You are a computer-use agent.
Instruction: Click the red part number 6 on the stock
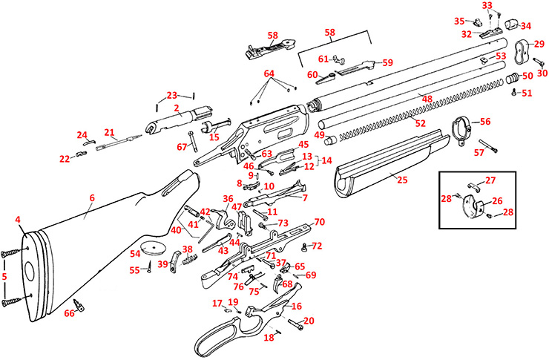(x=93, y=197)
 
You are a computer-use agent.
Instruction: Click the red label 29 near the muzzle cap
(x=539, y=45)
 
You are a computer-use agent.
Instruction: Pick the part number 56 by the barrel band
(x=485, y=121)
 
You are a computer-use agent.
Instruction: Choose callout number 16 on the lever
(x=297, y=306)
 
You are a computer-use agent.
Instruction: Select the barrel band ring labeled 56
(x=461, y=131)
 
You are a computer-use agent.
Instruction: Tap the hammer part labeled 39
(x=174, y=259)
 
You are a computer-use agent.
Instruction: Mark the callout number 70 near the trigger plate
(x=319, y=222)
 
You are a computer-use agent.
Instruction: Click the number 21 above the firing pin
(x=109, y=133)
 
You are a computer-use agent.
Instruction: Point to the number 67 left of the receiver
(x=183, y=147)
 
